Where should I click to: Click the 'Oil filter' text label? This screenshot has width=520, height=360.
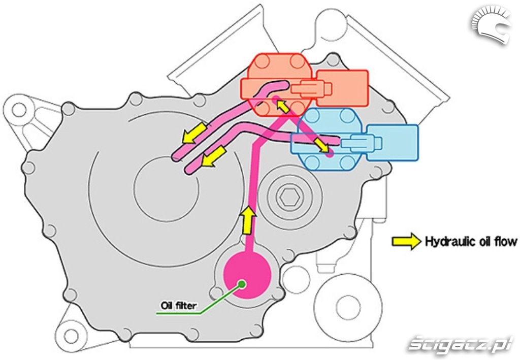coord(179,305)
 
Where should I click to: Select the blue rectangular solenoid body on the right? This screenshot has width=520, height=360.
coord(393,142)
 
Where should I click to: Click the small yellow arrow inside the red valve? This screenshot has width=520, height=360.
coord(281,106)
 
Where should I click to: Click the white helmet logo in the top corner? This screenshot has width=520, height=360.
coord(490,25)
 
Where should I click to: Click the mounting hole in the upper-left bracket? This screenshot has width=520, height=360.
coord(19,109)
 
